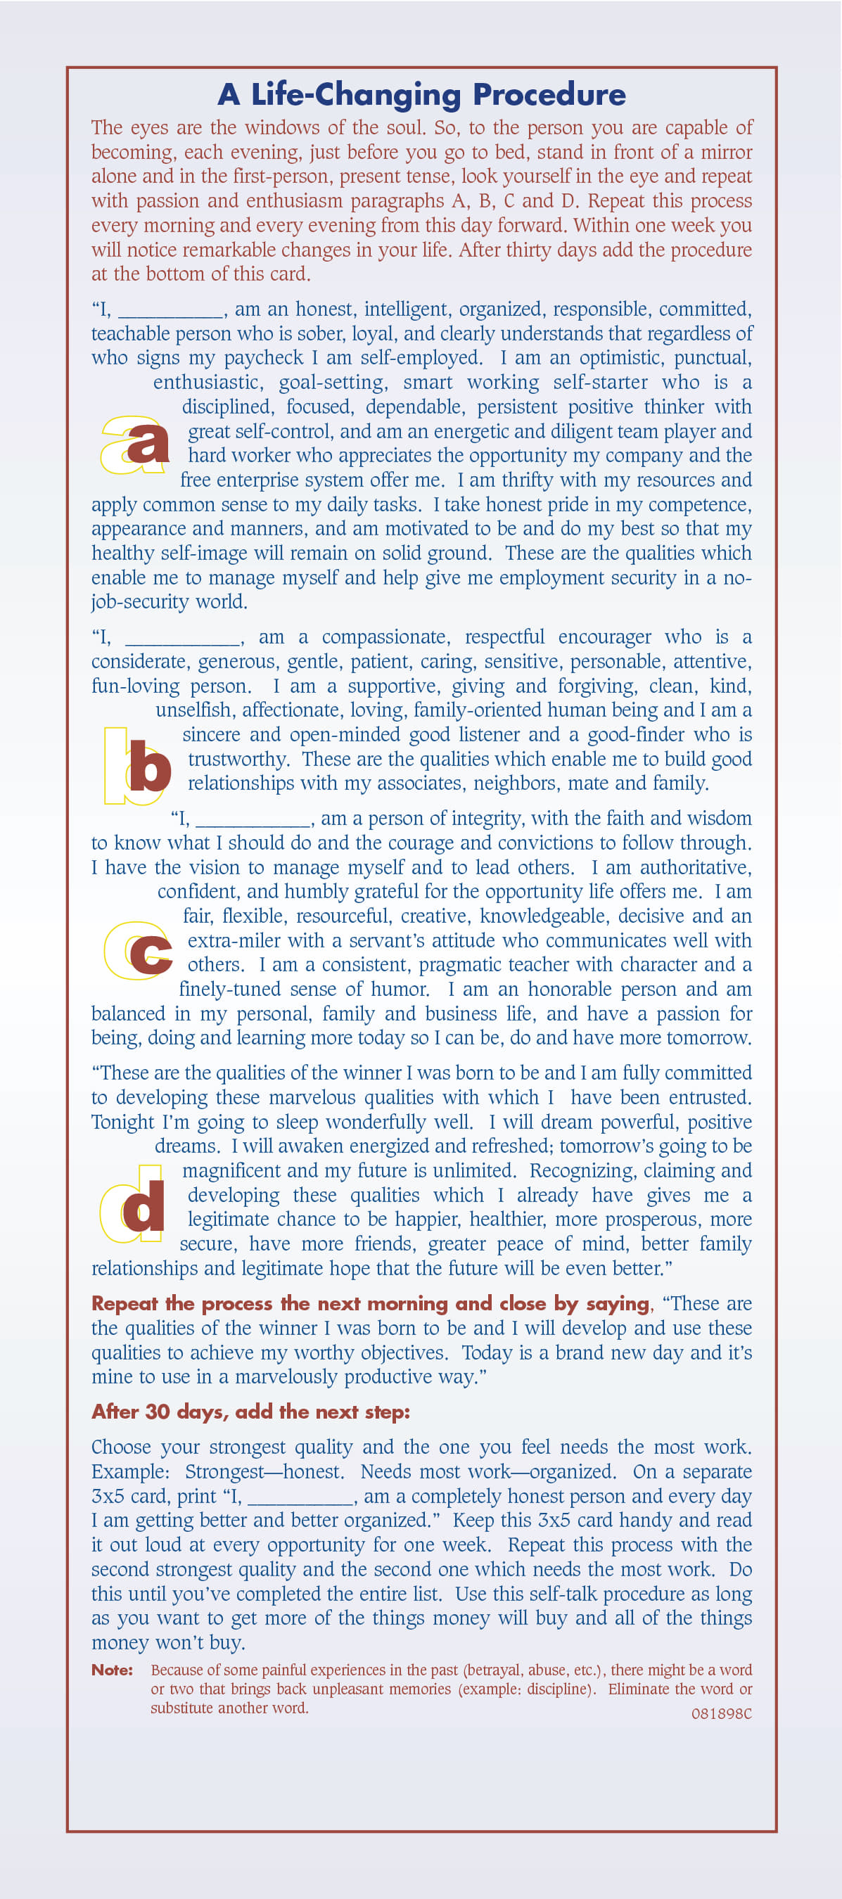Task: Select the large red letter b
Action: coord(150,767)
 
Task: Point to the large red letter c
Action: coord(151,952)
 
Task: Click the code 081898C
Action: coord(721,1713)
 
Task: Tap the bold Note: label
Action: coord(112,1670)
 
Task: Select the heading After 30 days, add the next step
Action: coord(250,1412)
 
